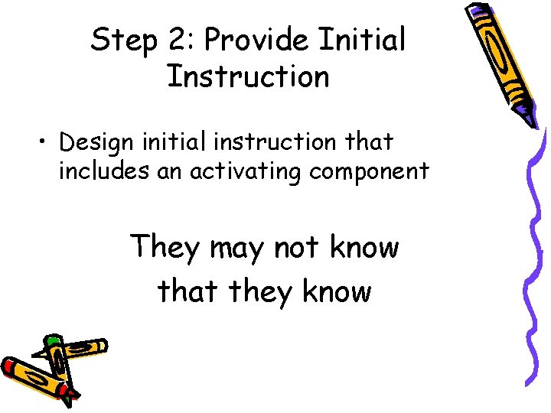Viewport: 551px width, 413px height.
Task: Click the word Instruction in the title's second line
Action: [x=247, y=76]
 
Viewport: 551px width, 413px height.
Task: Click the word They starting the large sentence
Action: [x=165, y=248]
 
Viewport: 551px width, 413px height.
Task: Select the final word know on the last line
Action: [x=337, y=291]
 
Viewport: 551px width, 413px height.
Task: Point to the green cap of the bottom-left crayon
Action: [x=53, y=340]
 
